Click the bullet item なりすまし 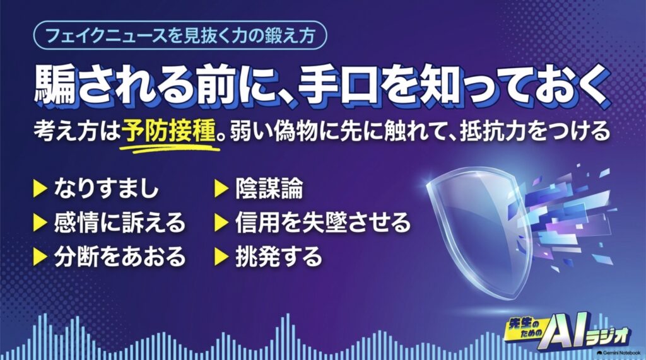click(x=106, y=189)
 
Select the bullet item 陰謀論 click(x=269, y=189)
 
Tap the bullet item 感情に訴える click(x=120, y=223)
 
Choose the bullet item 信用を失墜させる click(x=323, y=223)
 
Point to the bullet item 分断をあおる click(x=120, y=257)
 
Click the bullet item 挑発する click(x=278, y=257)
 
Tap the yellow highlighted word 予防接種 click(x=169, y=131)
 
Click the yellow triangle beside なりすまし click(x=40, y=190)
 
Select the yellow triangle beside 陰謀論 click(x=221, y=190)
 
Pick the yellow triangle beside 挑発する click(x=221, y=257)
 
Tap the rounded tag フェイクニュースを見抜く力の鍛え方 click(x=180, y=35)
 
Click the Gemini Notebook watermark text click(x=619, y=353)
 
